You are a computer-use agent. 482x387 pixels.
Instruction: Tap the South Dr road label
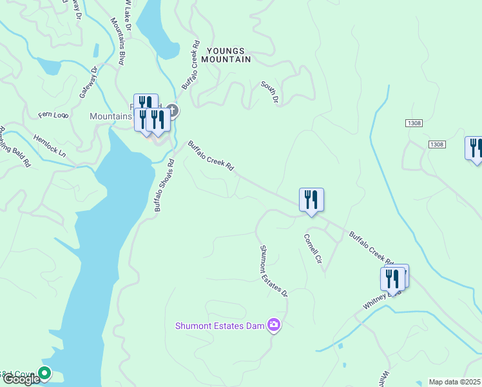269,92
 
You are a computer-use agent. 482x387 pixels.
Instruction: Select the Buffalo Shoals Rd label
164,186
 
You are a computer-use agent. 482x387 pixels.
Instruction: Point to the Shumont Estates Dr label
273,270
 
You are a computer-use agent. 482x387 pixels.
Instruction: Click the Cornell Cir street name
313,249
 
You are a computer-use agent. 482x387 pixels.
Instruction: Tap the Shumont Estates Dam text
220,326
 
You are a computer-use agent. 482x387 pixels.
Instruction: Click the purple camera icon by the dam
275,324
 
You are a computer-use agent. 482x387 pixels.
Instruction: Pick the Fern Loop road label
53,115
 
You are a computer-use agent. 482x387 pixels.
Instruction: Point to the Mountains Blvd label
117,41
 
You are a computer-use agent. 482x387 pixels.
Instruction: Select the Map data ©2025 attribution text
455,382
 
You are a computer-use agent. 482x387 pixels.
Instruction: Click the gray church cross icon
171,110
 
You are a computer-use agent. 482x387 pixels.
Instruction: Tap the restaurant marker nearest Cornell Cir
311,200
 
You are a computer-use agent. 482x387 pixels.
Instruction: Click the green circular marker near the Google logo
44,372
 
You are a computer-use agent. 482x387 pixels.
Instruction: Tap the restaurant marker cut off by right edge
474,148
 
